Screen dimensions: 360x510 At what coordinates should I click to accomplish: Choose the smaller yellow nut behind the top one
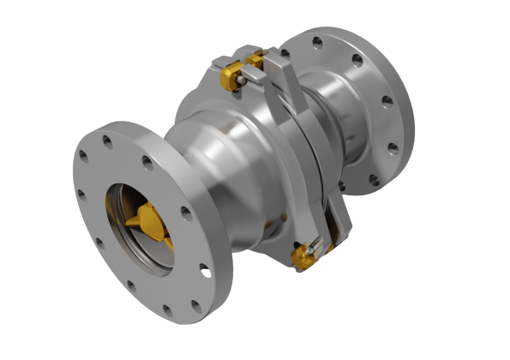(255, 61)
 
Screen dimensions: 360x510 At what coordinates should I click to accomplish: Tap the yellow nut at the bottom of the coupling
(301, 255)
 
